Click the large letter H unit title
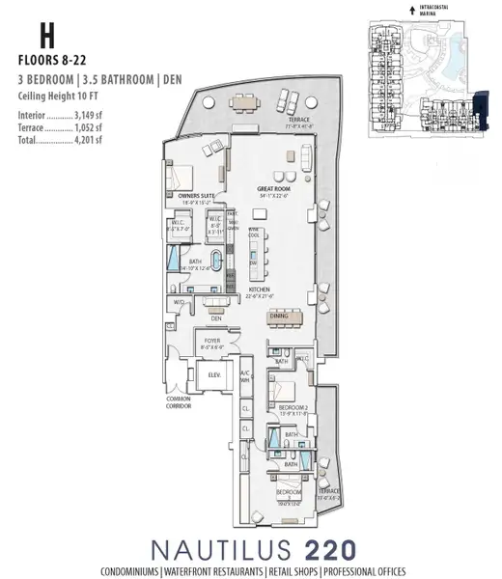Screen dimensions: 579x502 (45, 35)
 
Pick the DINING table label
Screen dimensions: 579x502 (278, 315)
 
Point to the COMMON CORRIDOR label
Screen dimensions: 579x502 (179, 402)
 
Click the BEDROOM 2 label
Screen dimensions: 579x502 (293, 408)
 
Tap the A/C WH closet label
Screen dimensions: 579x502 (245, 375)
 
